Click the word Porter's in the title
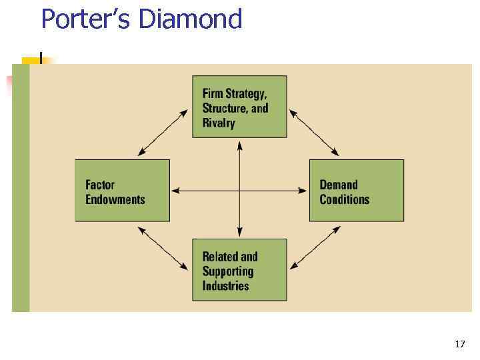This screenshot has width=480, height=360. point(86,19)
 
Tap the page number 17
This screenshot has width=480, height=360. point(459,344)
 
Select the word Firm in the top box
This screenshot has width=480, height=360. point(213,93)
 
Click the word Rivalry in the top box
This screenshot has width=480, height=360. point(219,123)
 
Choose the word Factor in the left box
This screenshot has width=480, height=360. point(100,185)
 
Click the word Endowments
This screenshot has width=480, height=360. point(115,199)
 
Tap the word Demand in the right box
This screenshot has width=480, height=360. point(339,185)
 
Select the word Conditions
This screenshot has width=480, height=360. point(344,199)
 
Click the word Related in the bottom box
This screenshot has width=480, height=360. point(221,257)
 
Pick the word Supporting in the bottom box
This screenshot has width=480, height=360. point(228,271)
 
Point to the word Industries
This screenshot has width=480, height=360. point(225,286)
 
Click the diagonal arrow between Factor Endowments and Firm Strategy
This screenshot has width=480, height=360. point(163,133)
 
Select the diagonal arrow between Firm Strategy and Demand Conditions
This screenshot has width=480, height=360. point(315,133)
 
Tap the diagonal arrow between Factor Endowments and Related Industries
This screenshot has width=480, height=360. point(163,248)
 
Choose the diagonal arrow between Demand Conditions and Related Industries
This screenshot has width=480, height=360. point(315,248)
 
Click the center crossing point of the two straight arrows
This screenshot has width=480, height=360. point(239,191)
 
